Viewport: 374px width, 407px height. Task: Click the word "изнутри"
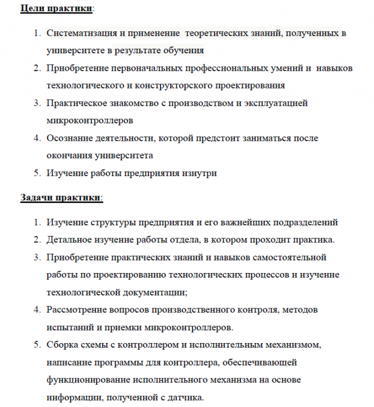[x=200, y=173]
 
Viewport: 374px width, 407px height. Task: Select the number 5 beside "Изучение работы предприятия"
[x=35, y=173]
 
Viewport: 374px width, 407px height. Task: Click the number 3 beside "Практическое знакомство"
[x=35, y=103]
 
